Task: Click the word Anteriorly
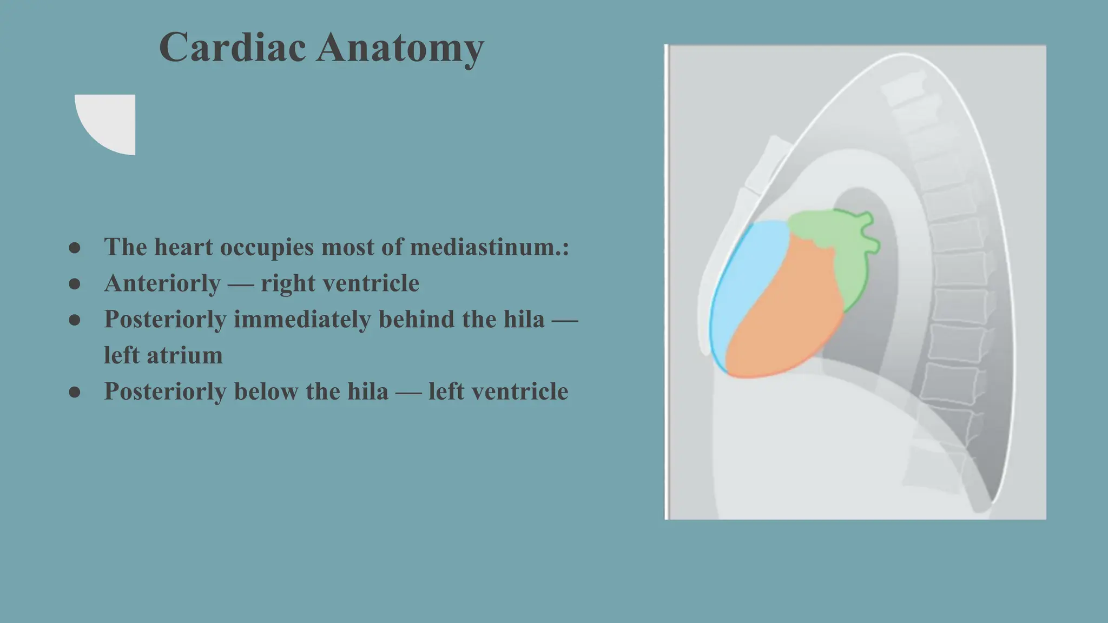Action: coord(162,283)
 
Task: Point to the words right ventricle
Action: coord(340,283)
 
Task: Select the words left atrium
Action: coord(163,355)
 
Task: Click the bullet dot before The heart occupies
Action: coord(75,248)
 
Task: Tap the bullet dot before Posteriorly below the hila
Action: coord(75,393)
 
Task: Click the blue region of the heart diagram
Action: coord(744,287)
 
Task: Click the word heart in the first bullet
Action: coord(183,247)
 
